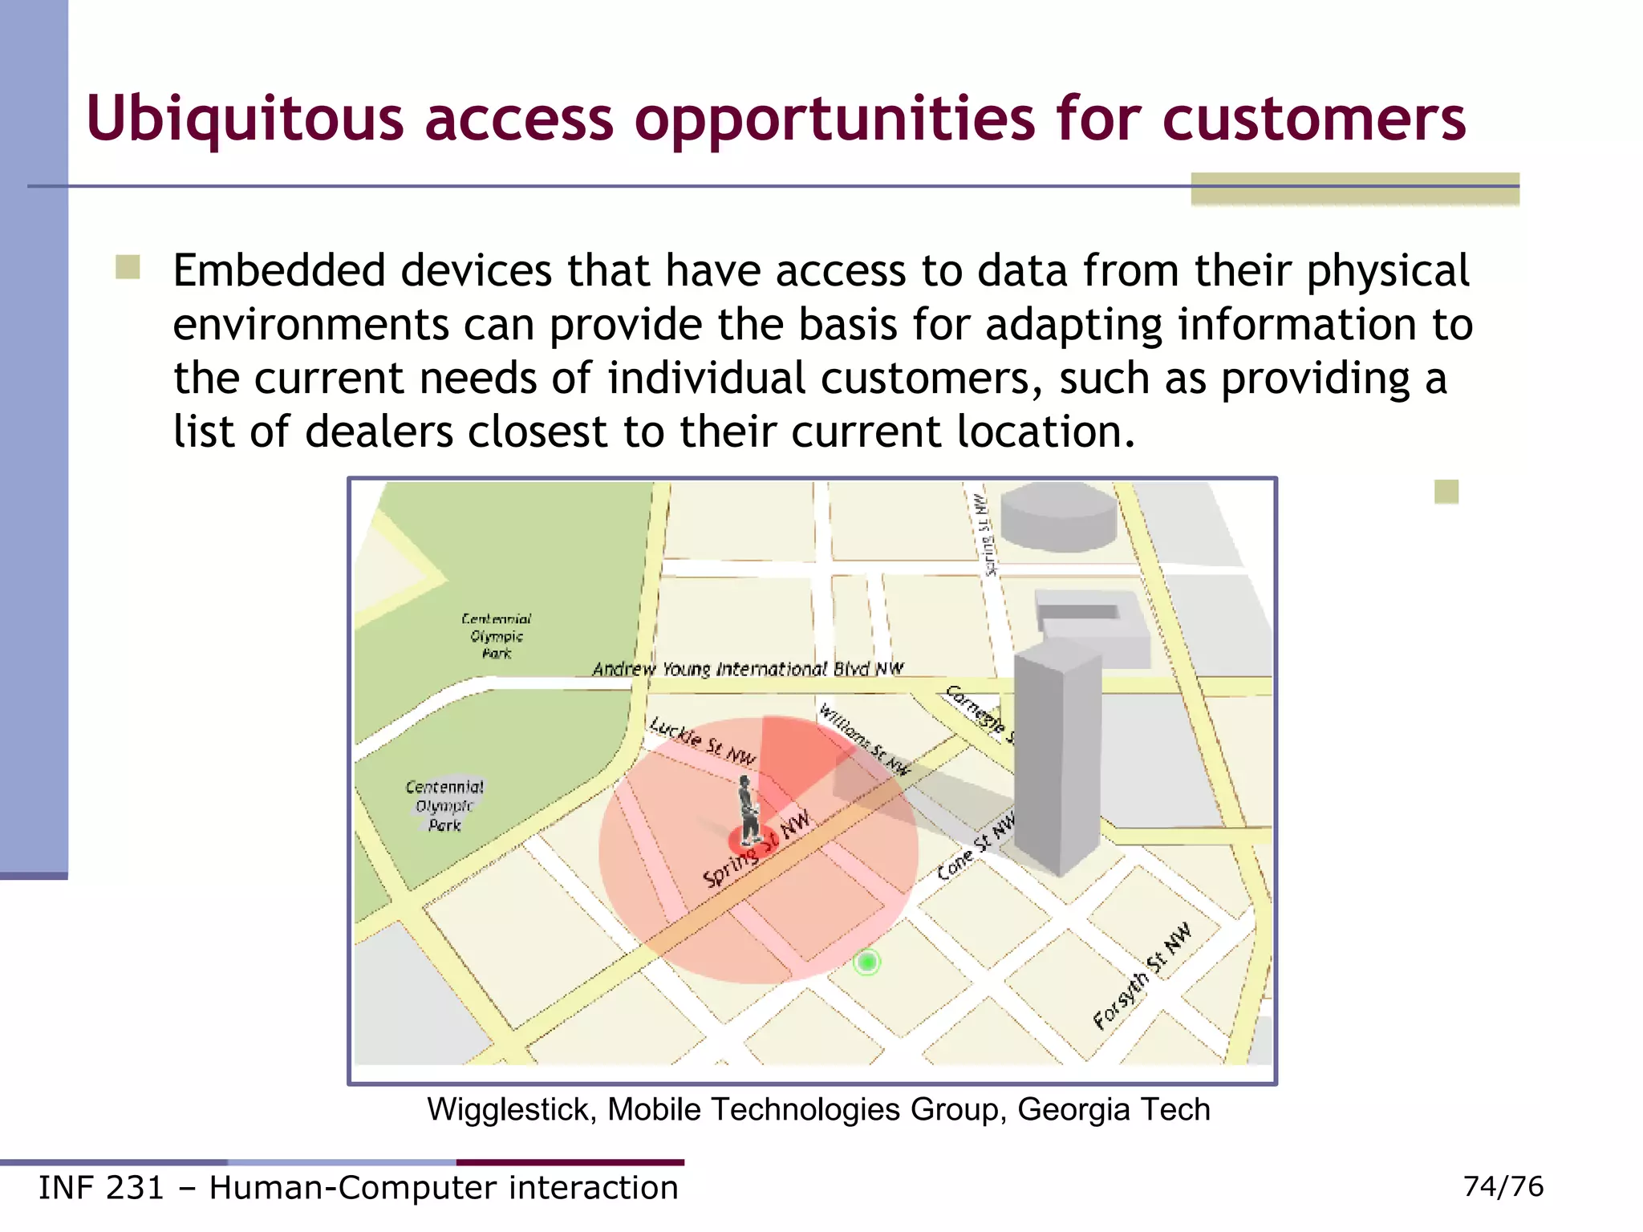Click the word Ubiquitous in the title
point(245,119)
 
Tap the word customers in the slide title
point(1313,119)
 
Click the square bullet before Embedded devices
point(128,267)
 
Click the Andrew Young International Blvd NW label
point(748,669)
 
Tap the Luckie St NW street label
point(703,741)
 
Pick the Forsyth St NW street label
point(1142,976)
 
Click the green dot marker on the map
point(867,962)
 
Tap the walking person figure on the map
point(748,810)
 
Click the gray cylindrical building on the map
point(1058,517)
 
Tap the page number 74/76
point(1503,1186)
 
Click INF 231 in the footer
point(101,1188)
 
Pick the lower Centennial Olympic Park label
point(444,806)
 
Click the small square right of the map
point(1446,492)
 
